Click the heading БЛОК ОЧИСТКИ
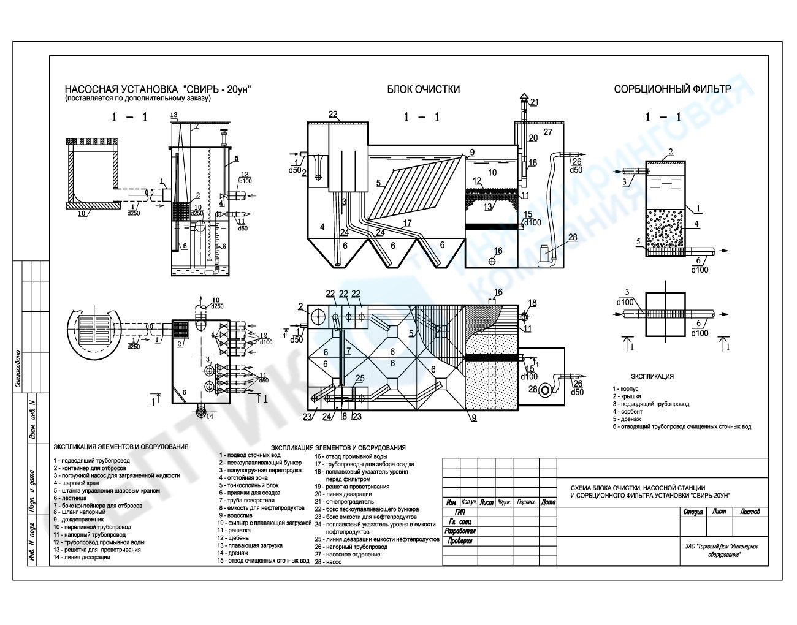[423, 89]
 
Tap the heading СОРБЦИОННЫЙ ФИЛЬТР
[673, 89]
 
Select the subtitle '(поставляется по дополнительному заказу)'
[137, 98]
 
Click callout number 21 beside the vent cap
[535, 102]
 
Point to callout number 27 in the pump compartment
[547, 132]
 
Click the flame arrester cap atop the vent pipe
[522, 100]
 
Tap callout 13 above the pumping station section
[174, 115]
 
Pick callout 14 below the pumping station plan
[210, 417]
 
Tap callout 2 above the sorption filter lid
[671, 151]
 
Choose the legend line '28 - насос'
[329, 561]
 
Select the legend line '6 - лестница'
[70, 498]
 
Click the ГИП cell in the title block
[457, 511]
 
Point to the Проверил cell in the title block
[460, 541]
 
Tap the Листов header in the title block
[750, 511]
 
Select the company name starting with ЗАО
[723, 550]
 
